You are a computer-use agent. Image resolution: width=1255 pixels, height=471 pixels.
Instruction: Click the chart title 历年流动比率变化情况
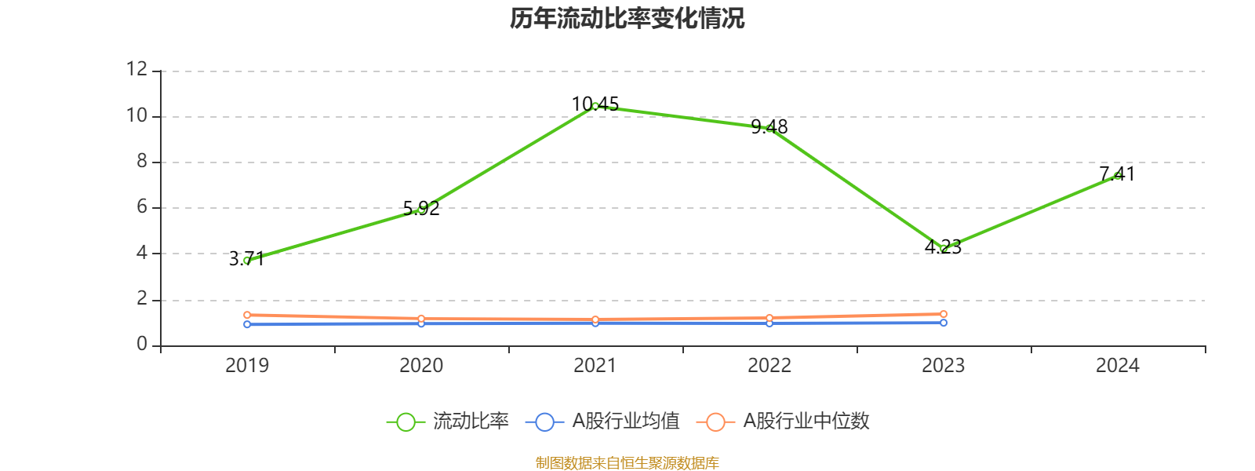click(627, 18)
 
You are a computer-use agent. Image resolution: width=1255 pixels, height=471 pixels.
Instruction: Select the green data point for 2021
click(595, 106)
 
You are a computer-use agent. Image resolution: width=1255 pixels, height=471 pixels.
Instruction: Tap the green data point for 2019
click(247, 260)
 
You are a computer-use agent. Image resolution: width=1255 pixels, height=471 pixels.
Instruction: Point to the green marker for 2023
click(944, 249)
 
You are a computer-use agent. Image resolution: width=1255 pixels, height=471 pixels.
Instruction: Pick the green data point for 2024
click(1118, 176)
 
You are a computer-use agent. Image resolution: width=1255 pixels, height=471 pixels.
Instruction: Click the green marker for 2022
click(769, 128)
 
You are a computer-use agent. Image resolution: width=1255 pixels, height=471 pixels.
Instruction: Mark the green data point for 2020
click(421, 209)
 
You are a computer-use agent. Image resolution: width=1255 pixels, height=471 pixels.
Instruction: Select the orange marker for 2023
click(944, 314)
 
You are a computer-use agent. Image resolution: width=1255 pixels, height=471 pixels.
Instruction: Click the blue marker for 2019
click(247, 324)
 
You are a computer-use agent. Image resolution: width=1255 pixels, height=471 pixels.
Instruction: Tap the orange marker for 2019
click(247, 315)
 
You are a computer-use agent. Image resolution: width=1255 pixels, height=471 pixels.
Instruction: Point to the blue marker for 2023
click(944, 323)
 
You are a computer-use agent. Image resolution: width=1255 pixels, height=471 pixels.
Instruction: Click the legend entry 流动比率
click(449, 422)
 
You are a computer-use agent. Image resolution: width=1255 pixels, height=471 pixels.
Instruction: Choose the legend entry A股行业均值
click(602, 422)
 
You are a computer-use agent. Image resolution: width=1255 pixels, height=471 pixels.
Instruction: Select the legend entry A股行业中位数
click(783, 422)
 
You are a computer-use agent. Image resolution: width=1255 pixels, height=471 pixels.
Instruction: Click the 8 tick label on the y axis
click(141, 162)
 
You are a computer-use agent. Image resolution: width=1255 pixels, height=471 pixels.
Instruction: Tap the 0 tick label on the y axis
click(141, 345)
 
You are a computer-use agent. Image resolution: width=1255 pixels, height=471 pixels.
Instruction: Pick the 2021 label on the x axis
click(595, 366)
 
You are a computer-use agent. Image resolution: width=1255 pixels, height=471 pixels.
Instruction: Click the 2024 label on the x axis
click(1118, 366)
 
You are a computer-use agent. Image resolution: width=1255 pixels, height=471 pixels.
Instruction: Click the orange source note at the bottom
click(627, 463)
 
